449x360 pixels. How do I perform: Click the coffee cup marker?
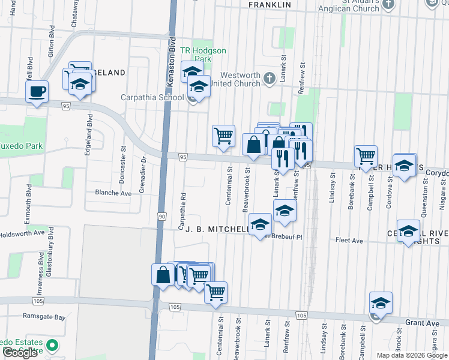tap(37, 92)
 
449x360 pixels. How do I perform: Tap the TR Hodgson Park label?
tap(203, 55)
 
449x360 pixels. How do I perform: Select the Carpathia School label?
tap(152, 97)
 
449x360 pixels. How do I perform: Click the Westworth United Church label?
tap(241, 79)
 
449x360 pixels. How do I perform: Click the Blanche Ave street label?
tap(113, 193)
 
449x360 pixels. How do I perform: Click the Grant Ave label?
tap(423, 323)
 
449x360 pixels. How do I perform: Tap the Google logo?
tap(20, 353)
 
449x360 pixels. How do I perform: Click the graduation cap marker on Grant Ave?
tap(381, 304)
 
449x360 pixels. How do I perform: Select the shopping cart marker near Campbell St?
tap(366, 156)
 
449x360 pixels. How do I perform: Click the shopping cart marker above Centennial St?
tap(223, 136)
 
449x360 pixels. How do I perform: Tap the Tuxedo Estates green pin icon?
tap(52, 346)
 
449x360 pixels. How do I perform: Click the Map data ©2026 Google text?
tap(412, 355)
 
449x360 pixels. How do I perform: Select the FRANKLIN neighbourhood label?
tap(270, 5)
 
